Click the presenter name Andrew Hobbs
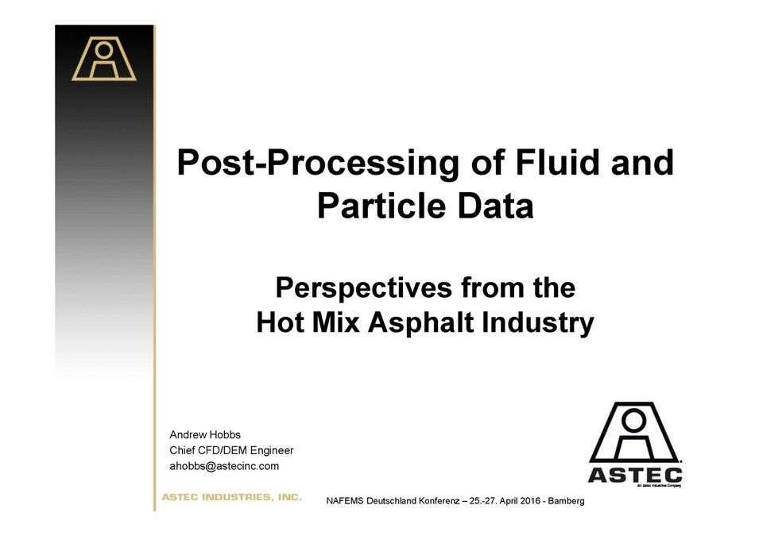(205, 434)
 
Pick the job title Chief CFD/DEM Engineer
(231, 450)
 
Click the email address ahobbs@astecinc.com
(224, 466)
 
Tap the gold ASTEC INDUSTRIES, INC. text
(231, 497)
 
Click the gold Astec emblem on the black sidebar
(104, 59)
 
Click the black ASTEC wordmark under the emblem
(634, 475)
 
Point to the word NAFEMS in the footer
(345, 503)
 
